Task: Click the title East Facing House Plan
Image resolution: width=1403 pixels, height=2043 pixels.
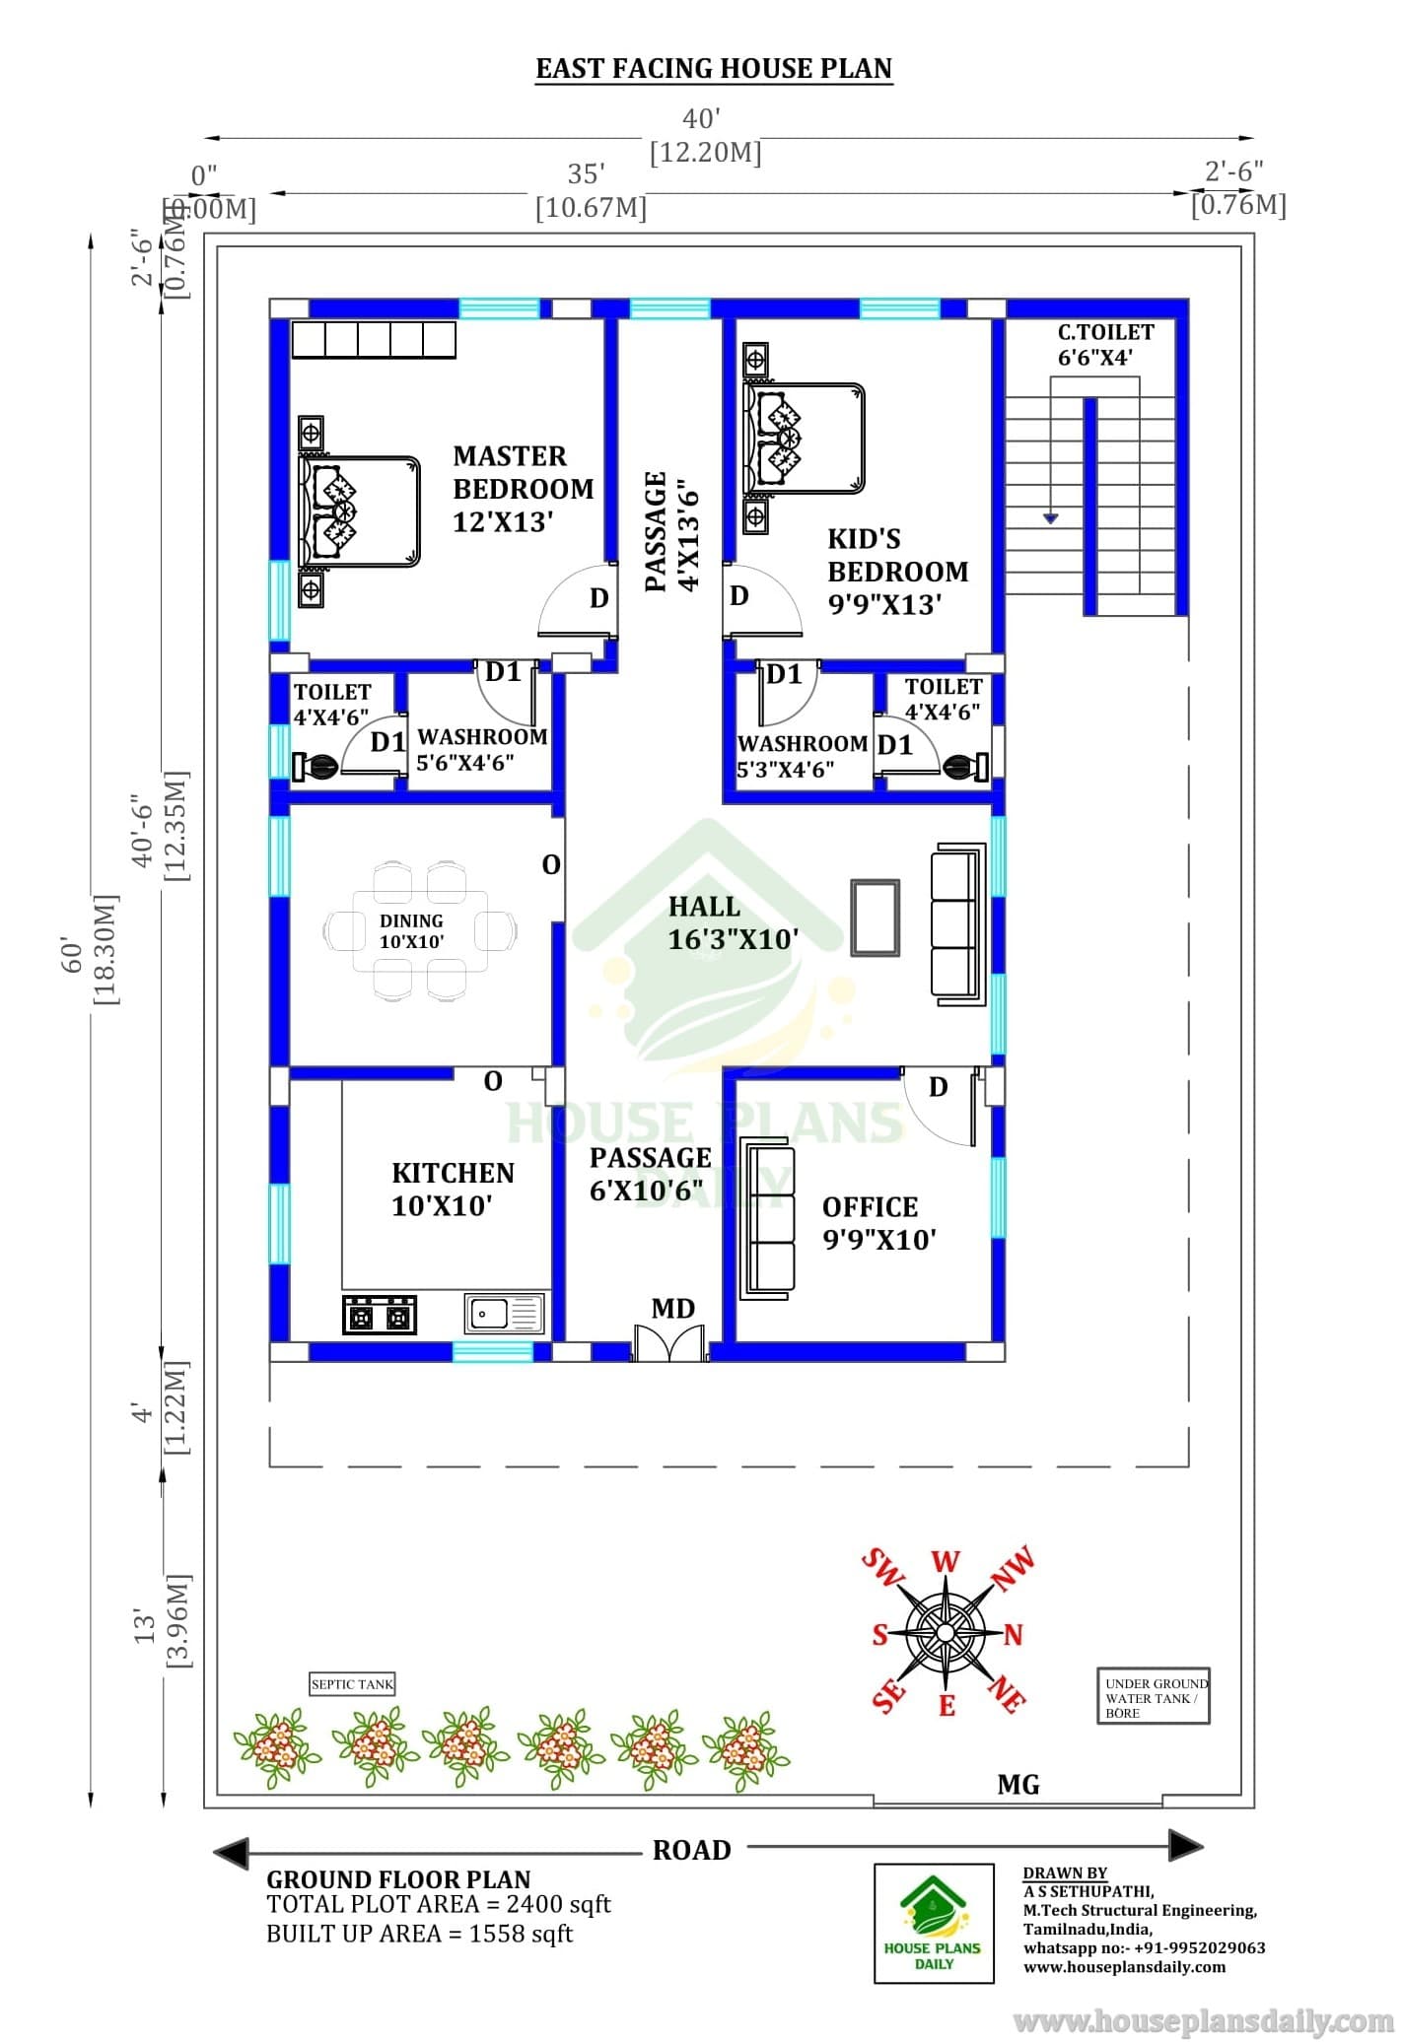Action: tap(714, 68)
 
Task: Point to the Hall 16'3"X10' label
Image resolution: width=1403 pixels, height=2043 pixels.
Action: tap(734, 922)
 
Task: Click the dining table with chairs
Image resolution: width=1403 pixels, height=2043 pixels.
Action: tap(420, 930)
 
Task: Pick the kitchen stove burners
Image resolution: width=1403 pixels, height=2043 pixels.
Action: tap(380, 1315)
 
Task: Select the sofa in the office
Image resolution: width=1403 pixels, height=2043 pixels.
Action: tap(767, 1219)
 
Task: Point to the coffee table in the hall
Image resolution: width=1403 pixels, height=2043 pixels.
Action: tap(876, 918)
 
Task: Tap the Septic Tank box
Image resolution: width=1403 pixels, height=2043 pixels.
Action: tap(352, 1684)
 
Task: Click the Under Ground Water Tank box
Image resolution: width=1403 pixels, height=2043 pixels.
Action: tap(1154, 1695)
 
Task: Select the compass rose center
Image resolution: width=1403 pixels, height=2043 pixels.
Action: tap(945, 1633)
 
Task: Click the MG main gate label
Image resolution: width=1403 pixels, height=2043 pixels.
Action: tap(1018, 1785)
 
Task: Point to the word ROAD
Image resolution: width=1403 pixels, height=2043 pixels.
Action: tap(692, 1850)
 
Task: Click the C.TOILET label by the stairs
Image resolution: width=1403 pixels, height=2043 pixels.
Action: tap(1106, 332)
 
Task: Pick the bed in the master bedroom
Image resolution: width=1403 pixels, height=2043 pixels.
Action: tap(360, 511)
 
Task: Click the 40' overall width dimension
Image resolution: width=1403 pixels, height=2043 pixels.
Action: tap(702, 119)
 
